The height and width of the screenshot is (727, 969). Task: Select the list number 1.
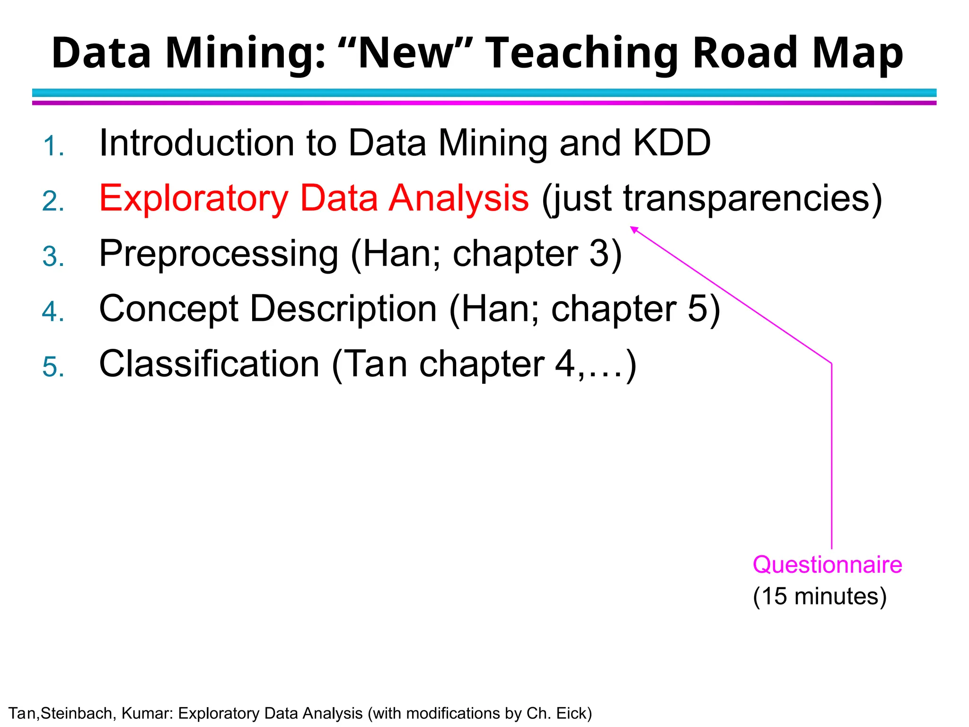(53, 146)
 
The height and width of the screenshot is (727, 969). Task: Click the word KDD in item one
(672, 143)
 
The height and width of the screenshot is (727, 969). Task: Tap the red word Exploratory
(194, 198)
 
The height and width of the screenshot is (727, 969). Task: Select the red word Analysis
(458, 198)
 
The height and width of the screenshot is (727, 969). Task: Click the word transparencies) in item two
(753, 198)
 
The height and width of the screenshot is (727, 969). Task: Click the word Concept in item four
(168, 309)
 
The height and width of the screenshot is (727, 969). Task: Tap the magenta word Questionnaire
(827, 565)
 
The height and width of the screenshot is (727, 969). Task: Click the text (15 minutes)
(819, 596)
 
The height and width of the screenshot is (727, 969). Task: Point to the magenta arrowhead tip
(631, 227)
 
